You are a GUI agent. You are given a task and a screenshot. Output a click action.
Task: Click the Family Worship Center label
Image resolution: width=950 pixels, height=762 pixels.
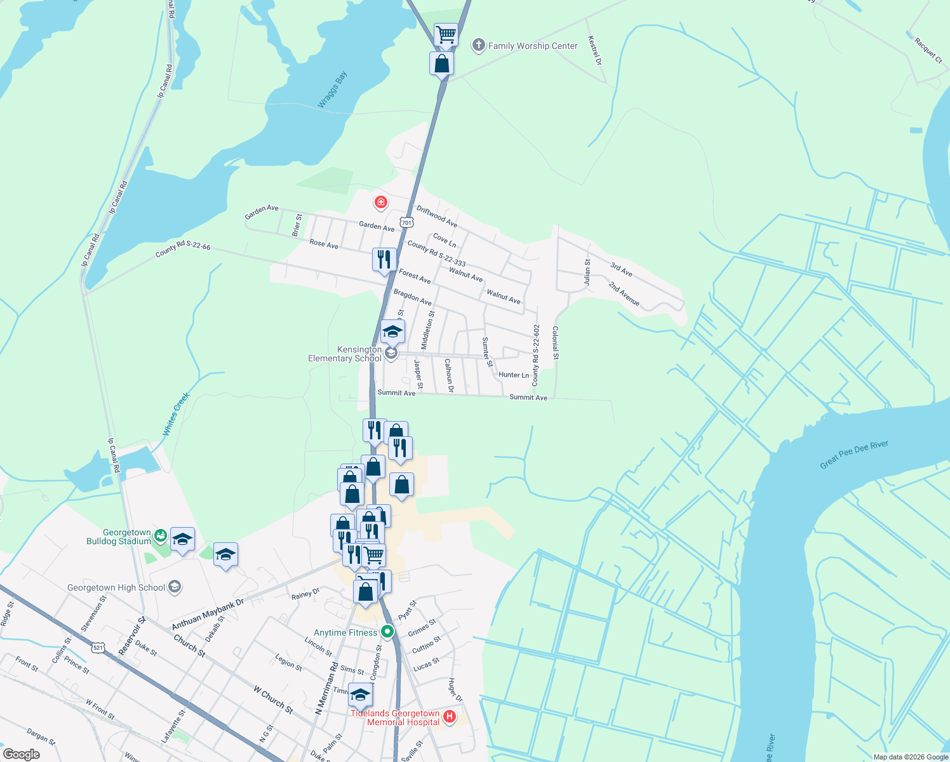click(533, 46)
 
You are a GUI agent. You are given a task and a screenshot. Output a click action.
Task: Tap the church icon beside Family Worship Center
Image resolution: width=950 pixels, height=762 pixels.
click(478, 45)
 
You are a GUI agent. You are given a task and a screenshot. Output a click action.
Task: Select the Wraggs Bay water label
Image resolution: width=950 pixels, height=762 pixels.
click(333, 90)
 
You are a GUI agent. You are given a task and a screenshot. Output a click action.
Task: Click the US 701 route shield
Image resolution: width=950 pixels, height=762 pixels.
click(407, 222)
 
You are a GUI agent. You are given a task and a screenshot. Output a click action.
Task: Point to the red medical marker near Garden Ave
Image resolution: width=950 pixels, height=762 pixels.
click(381, 203)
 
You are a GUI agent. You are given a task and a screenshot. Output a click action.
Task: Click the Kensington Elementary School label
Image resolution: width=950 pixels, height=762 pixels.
click(345, 354)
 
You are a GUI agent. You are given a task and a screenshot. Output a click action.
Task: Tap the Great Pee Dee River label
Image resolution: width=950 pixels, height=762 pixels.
click(854, 454)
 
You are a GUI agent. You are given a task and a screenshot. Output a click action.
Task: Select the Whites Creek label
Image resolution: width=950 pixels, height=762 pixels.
click(176, 414)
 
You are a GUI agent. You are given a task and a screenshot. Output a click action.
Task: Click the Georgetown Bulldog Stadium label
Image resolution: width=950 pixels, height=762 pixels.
click(119, 537)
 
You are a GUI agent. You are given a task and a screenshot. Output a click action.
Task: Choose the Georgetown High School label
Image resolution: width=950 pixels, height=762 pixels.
click(116, 587)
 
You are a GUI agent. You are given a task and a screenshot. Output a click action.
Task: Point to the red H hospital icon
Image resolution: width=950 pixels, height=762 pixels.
click(450, 717)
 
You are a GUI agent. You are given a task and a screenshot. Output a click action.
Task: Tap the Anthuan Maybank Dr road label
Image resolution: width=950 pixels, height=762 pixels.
click(208, 614)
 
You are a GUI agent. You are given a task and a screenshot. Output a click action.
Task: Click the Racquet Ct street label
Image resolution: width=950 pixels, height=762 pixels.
click(928, 50)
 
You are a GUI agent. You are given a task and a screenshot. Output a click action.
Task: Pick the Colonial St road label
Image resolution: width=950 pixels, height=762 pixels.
click(556, 343)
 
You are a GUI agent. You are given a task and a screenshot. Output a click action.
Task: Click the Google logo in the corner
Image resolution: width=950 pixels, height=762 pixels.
click(22, 754)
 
